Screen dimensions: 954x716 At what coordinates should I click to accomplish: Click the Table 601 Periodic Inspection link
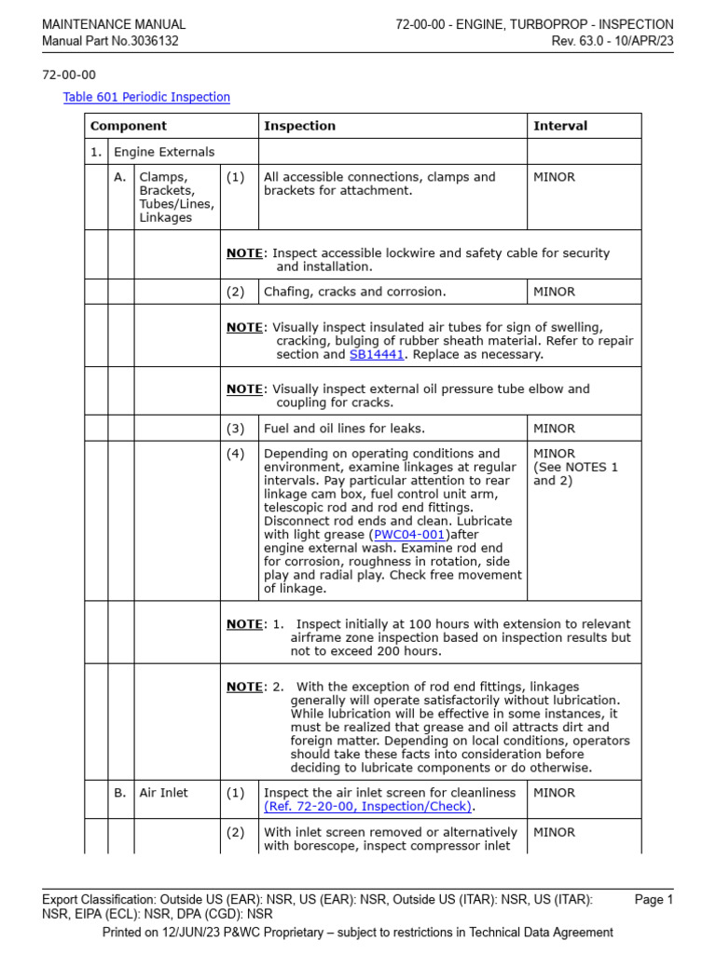(146, 97)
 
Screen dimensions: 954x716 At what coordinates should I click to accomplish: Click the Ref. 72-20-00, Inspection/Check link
(368, 806)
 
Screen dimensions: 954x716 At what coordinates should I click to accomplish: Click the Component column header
(129, 126)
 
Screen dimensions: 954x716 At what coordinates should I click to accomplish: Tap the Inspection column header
(299, 126)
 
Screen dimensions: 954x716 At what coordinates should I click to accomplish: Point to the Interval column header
(560, 126)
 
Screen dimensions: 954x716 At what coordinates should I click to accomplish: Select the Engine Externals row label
(163, 152)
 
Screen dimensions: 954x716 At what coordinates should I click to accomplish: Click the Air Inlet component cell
(163, 793)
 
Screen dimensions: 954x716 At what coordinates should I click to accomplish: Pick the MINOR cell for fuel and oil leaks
(554, 429)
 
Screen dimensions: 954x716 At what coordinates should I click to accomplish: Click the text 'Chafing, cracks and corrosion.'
(355, 292)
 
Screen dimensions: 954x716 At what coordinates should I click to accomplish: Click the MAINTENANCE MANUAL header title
(114, 24)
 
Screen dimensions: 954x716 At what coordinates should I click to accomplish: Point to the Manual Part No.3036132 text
(110, 41)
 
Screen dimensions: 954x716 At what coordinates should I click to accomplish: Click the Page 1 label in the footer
(654, 899)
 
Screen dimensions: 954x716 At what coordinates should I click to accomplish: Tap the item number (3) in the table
(235, 429)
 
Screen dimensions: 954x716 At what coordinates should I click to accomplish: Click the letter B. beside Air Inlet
(120, 793)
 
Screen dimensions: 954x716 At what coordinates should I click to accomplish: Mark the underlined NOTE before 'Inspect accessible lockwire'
(245, 252)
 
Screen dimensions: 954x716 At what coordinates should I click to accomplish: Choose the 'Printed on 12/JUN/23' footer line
(357, 932)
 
